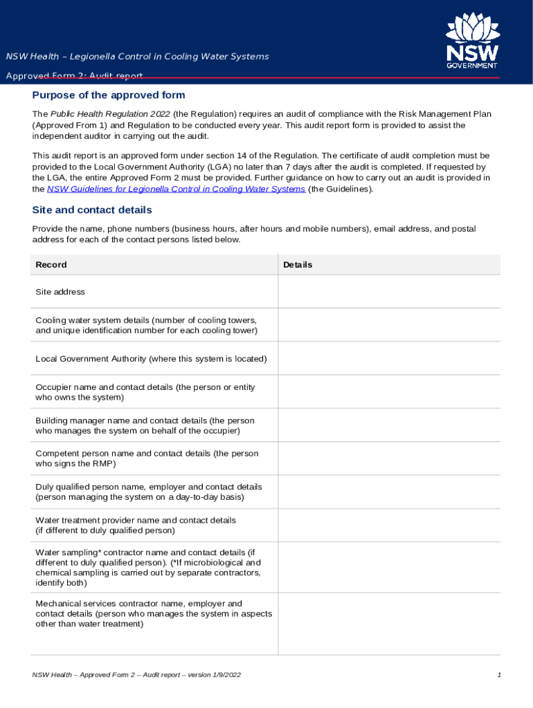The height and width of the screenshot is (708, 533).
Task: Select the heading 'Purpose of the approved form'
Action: [x=109, y=95]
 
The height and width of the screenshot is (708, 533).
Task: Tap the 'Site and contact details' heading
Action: [x=92, y=210]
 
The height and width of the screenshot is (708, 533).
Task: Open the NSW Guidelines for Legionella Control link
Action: [x=176, y=189]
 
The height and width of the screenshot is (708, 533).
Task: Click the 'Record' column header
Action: [x=51, y=265]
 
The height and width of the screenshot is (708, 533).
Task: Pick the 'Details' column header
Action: [x=298, y=265]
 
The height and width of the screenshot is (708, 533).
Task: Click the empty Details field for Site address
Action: [x=389, y=292]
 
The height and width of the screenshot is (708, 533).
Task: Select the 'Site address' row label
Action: [x=60, y=292]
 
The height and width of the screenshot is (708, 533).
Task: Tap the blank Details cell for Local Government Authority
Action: [x=389, y=359]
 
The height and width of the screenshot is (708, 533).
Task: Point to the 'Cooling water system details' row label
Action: [x=146, y=325]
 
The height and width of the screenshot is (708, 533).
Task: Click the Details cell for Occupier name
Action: [x=389, y=392]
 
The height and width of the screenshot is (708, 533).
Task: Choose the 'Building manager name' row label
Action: [x=145, y=425]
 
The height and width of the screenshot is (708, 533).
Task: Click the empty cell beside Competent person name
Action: [x=389, y=458]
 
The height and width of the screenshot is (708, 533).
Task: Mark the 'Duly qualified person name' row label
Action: [x=148, y=492]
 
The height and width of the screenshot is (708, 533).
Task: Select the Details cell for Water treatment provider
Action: [x=389, y=525]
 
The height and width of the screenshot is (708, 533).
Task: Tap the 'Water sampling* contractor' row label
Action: [x=148, y=568]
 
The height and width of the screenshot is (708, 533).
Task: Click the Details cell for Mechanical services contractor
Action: [x=389, y=624]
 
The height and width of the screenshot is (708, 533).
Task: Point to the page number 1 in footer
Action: [x=498, y=675]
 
